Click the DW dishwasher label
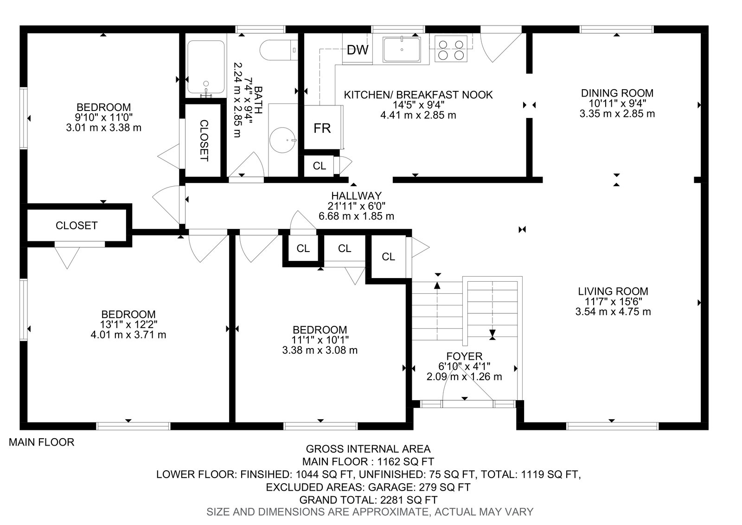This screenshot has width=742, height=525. point(358,50)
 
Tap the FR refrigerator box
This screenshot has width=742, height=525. point(323,127)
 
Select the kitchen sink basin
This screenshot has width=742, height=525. point(402,49)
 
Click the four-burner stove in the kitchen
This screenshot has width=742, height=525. point(450,49)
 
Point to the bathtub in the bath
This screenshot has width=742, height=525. point(206,67)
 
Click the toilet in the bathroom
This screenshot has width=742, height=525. point(279,50)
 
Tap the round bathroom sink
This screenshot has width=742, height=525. point(282,140)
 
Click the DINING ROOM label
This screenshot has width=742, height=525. point(617,93)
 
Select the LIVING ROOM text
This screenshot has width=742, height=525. point(613,291)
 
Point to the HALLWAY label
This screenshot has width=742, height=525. point(357,195)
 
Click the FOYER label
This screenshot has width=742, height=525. point(464,356)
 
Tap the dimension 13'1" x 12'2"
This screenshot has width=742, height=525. point(128,324)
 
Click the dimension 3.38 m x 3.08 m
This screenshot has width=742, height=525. point(320,350)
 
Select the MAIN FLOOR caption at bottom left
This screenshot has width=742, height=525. point(41,442)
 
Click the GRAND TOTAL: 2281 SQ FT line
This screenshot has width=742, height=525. point(368,499)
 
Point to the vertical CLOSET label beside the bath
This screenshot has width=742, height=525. point(204,141)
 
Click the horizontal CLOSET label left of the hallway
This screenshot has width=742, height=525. point(77,226)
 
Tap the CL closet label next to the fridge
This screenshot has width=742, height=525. point(320,166)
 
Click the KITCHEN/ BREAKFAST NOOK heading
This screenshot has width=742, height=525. point(418,95)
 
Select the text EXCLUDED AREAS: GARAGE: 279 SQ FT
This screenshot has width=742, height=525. point(368,487)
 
